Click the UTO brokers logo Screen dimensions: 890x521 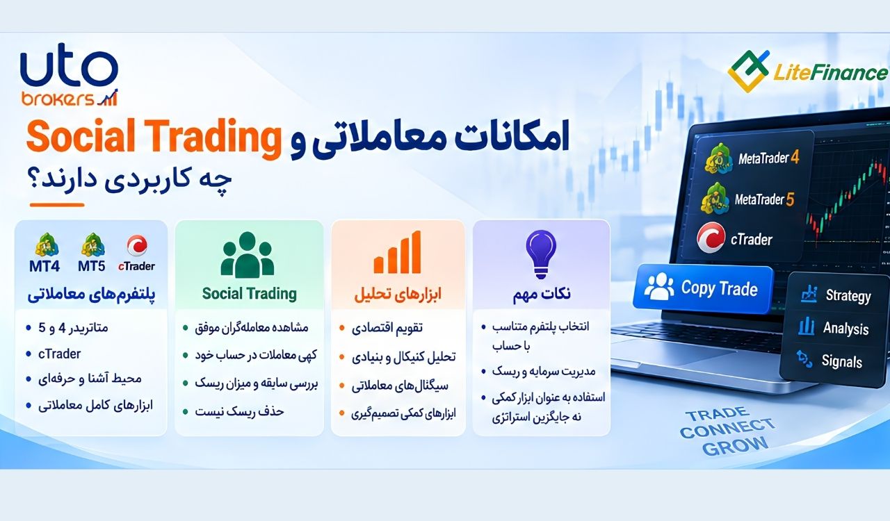pos(70,79)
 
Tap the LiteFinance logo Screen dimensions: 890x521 pos(807,72)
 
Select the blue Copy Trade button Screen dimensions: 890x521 pos(702,289)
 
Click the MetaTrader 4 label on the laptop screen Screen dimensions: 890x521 pos(769,158)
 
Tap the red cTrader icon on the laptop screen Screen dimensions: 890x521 pos(711,238)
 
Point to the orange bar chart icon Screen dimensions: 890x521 pos(397,252)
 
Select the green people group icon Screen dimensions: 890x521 pos(248,254)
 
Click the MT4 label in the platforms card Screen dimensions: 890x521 pos(44,266)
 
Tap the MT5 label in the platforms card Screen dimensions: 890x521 pos(91,266)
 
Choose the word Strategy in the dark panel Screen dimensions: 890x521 pos(848,296)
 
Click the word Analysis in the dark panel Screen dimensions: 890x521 pos(845,329)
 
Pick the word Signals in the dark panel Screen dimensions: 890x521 pos(841,361)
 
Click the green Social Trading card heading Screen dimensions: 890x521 pos(250,294)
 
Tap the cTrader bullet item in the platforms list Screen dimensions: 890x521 pos(59,354)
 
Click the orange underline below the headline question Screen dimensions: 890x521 pos(57,205)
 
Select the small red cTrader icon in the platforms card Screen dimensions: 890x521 pos(137,245)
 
